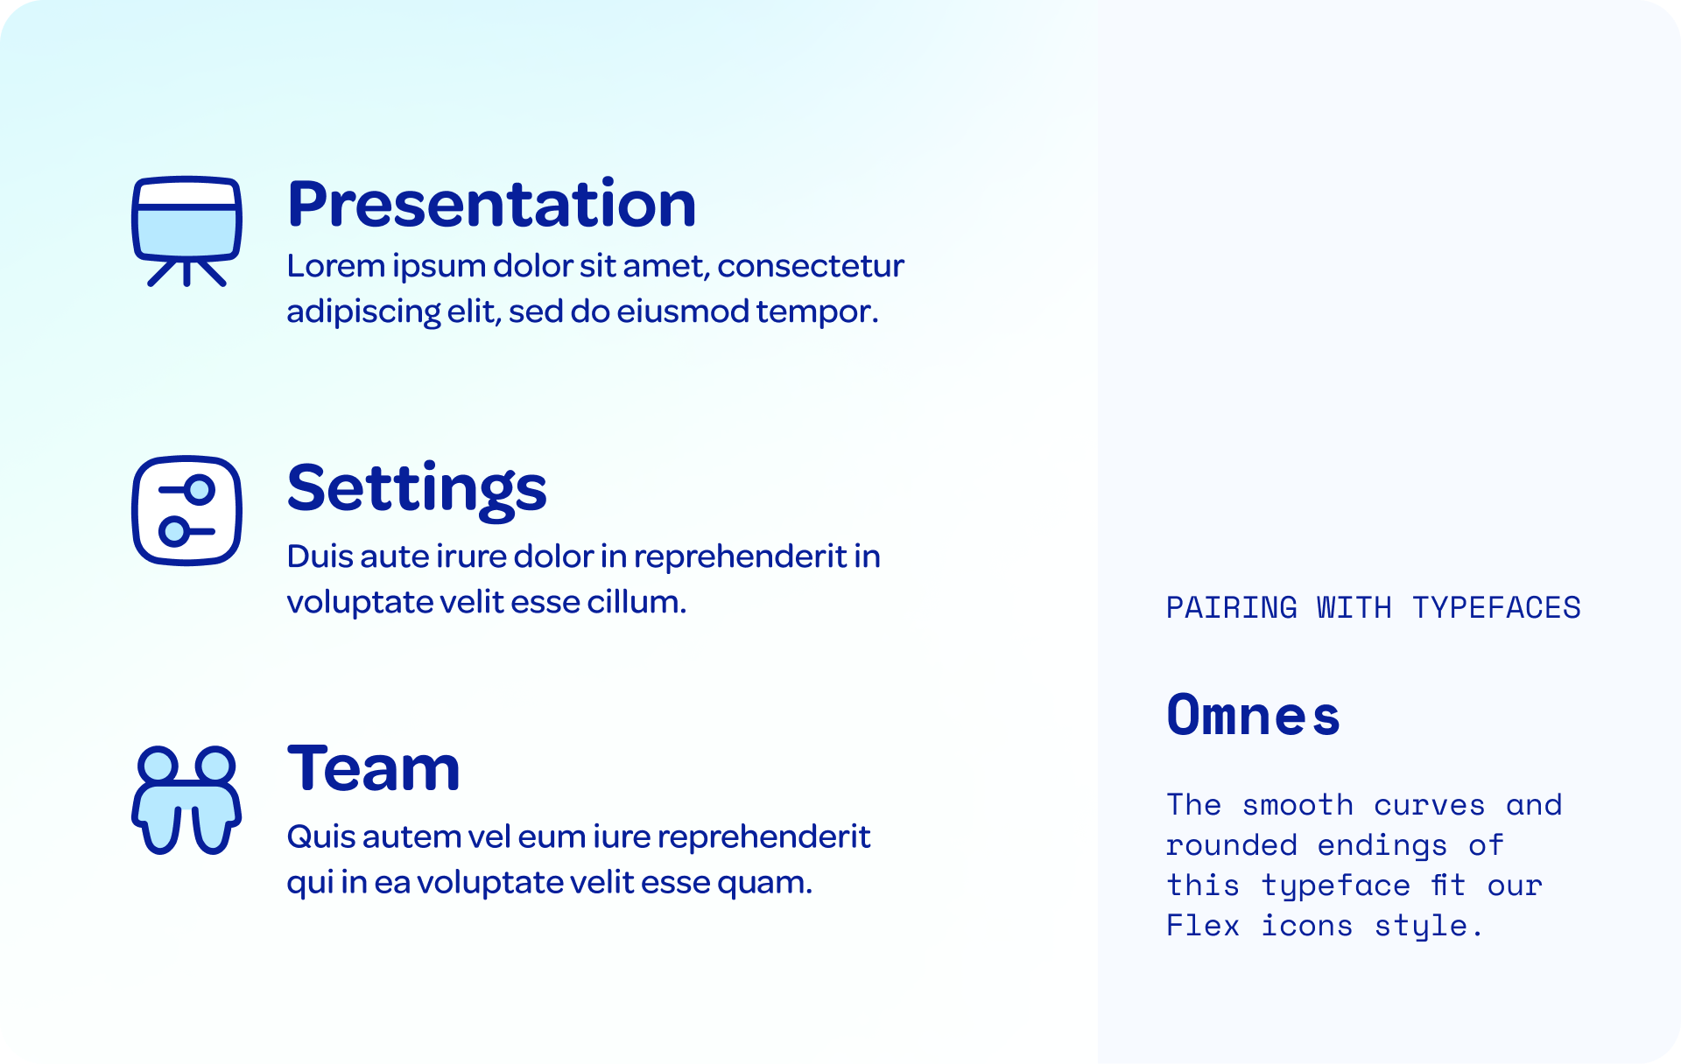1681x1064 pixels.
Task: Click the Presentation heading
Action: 491,203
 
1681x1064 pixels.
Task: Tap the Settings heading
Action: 417,488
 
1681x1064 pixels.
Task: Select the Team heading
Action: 374,768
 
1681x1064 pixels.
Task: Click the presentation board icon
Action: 186,231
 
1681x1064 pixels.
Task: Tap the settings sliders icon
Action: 186,511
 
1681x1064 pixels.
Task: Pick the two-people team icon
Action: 186,800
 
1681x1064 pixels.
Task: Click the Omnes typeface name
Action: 1253,715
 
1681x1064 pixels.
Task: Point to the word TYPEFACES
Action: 1496,607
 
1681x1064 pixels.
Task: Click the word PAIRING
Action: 1231,607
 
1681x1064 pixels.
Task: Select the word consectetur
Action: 811,265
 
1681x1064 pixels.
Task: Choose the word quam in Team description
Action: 765,883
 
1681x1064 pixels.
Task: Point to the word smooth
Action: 1298,804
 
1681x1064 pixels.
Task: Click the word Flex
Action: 1203,925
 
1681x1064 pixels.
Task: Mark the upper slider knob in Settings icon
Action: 200,489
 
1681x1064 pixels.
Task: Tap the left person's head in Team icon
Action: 158,765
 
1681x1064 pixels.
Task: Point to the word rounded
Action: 1231,844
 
